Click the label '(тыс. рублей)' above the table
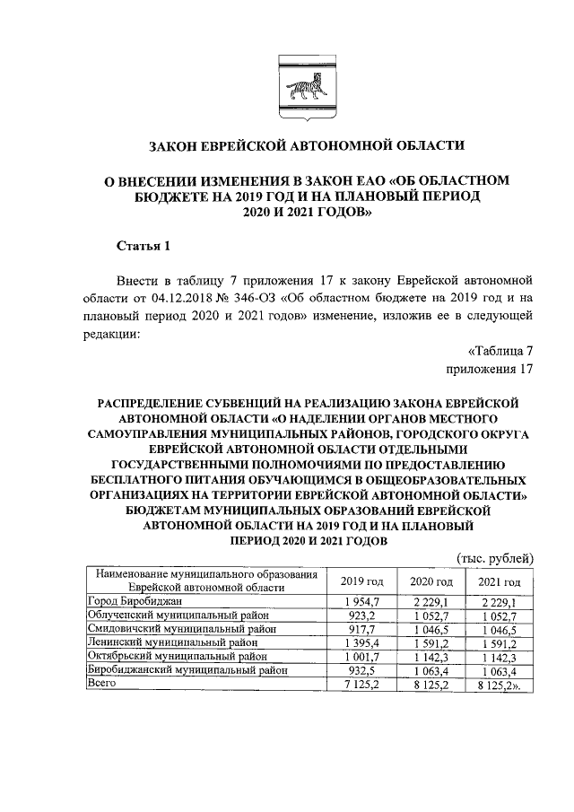[x=496, y=557]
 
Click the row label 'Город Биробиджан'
[x=135, y=600]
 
